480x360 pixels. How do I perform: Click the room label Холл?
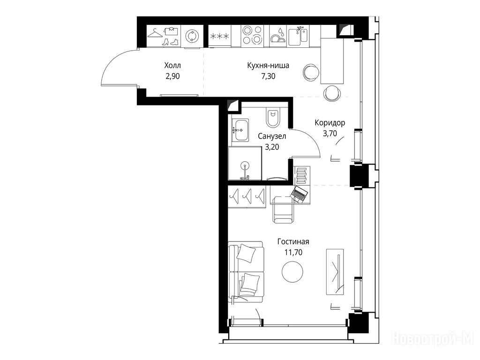pyautogui.click(x=172, y=65)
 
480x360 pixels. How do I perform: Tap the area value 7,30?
pyautogui.click(x=268, y=76)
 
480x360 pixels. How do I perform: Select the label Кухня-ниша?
pyautogui.click(x=268, y=66)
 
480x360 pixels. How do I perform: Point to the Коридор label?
pyautogui.click(x=330, y=123)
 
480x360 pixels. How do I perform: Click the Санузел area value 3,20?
pyautogui.click(x=272, y=147)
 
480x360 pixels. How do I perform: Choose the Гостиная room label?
pyautogui.click(x=293, y=241)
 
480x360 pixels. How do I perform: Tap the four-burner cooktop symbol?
pyautogui.click(x=253, y=36)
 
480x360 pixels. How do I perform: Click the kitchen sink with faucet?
pyautogui.click(x=298, y=35)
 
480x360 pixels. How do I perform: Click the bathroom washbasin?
pyautogui.click(x=240, y=130)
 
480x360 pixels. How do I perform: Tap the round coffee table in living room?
pyautogui.click(x=292, y=272)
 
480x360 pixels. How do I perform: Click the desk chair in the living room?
pyautogui.click(x=283, y=210)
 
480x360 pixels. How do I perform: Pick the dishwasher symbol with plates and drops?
pyautogui.click(x=278, y=36)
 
